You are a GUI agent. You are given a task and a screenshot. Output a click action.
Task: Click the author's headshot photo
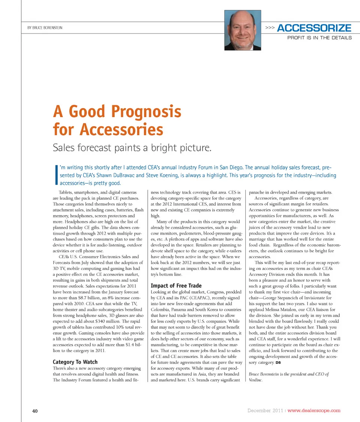[x=243, y=30]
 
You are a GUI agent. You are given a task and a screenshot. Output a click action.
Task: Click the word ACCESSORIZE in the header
[x=314, y=28]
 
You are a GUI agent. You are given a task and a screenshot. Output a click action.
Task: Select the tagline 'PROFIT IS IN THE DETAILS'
[x=319, y=38]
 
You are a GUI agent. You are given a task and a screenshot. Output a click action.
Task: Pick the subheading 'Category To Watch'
[x=75, y=362]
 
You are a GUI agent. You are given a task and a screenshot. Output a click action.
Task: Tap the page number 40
[x=35, y=411]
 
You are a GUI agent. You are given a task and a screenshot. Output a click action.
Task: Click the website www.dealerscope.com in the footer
[x=314, y=410]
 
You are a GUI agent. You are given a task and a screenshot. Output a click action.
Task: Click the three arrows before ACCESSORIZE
[x=270, y=28]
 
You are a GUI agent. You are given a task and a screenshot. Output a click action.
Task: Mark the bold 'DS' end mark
[x=279, y=363]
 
